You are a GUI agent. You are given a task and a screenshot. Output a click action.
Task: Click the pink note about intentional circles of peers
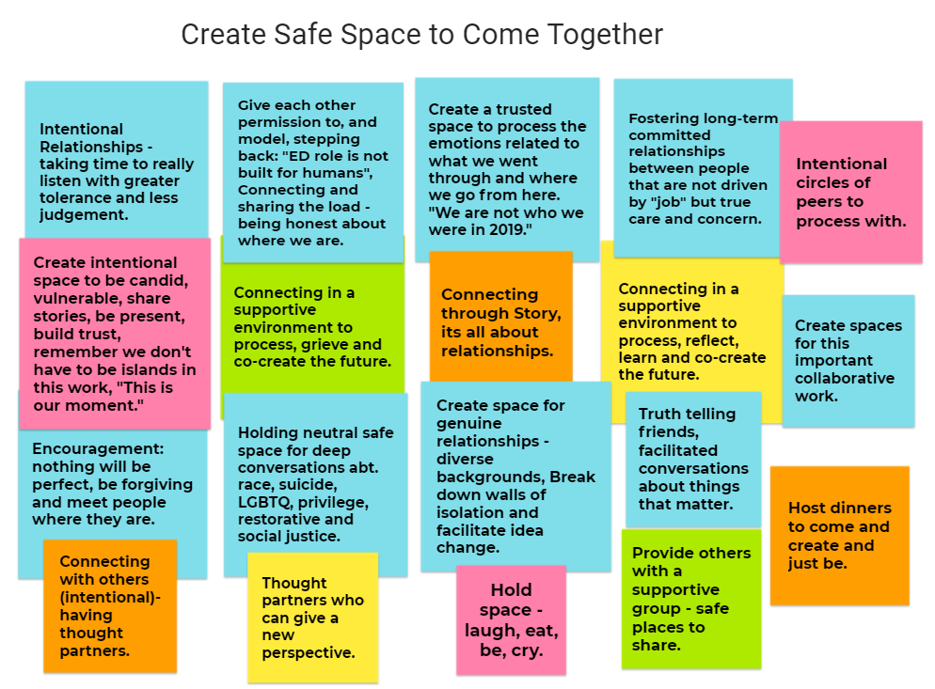pos(851,192)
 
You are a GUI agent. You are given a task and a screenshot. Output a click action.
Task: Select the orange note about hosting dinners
pos(840,535)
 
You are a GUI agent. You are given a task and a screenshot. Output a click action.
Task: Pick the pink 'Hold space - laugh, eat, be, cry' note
pos(511,619)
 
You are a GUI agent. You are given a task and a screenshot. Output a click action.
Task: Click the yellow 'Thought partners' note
pos(313,618)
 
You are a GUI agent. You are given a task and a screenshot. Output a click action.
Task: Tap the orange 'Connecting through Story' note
pos(500,317)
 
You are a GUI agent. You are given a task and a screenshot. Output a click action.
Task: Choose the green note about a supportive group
pos(691,599)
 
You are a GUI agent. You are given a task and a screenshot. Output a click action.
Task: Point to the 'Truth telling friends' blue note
pos(693,459)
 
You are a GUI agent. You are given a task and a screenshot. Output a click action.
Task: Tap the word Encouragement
pos(98,448)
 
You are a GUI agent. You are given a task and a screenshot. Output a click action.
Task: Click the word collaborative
pos(845,379)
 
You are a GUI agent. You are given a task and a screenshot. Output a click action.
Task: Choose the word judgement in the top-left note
pos(84,214)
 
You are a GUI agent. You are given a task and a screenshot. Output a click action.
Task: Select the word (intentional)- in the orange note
pos(110,597)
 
